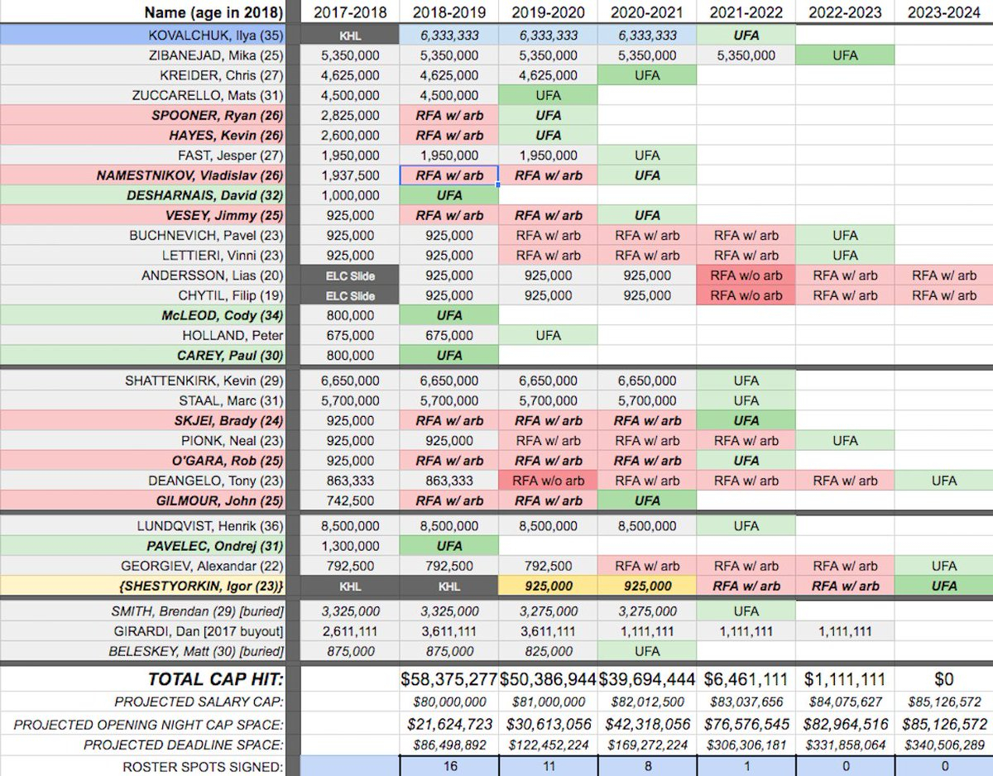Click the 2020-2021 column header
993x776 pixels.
tap(646, 12)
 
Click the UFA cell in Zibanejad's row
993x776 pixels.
tap(845, 55)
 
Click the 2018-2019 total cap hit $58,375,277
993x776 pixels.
tap(449, 679)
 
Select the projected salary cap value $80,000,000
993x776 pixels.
tap(449, 702)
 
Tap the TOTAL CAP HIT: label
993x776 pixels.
tap(215, 679)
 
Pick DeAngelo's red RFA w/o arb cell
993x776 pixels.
tap(547, 481)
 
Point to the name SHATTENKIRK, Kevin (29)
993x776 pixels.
tap(204, 381)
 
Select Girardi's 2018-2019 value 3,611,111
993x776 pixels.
tap(449, 631)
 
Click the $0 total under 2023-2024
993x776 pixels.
tap(943, 679)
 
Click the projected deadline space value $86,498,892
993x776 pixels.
tap(449, 745)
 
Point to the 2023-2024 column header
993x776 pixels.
tap(944, 12)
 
